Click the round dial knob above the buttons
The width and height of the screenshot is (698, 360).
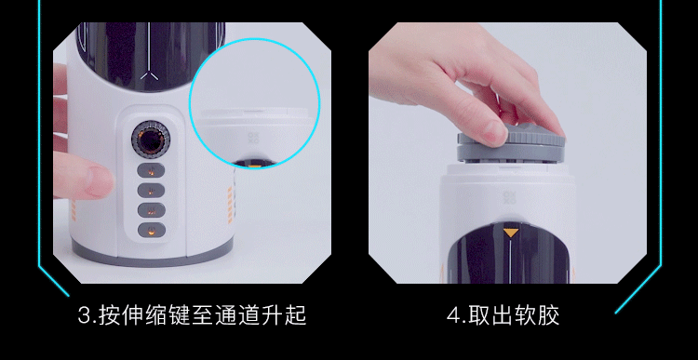[151, 140]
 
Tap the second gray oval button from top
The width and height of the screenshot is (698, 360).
[152, 190]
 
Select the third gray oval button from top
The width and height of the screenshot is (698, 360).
[152, 210]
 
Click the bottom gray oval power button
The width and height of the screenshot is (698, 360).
[152, 230]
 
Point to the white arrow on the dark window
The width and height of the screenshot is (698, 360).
[149, 76]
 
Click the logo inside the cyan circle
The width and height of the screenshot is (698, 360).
[253, 138]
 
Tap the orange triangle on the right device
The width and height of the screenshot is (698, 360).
[511, 233]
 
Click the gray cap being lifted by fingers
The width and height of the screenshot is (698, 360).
[511, 143]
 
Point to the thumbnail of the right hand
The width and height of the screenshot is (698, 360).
[494, 133]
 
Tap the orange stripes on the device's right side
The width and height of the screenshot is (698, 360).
[230, 205]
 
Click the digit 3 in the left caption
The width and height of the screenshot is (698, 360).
[84, 316]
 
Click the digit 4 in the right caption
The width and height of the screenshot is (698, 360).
[452, 316]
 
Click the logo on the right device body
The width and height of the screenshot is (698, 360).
[509, 198]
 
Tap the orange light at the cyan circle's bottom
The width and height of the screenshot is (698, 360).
[254, 167]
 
